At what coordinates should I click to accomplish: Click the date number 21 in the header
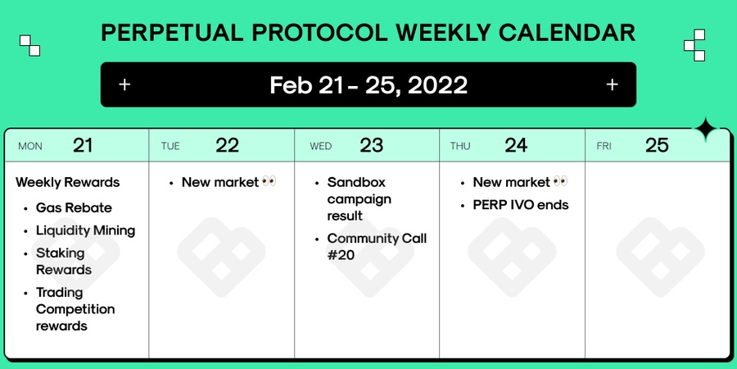82,145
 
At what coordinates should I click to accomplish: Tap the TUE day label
170,146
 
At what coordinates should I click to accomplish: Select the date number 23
371,145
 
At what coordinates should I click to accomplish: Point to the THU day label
460,146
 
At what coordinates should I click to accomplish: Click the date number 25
657,145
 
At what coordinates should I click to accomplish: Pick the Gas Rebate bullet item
74,207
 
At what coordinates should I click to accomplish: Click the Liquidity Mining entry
85,230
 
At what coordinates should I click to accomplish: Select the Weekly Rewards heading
68,182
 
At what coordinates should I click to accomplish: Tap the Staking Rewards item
64,262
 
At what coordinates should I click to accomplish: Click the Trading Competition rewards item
75,309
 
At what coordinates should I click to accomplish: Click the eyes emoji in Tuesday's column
269,181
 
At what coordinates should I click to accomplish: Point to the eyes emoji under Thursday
560,181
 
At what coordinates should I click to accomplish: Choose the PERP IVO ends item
521,205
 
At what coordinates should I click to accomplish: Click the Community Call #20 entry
377,247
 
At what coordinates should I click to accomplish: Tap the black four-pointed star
706,130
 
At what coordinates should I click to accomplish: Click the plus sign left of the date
124,84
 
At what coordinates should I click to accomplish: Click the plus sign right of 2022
612,84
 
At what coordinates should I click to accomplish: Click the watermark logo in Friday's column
660,257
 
